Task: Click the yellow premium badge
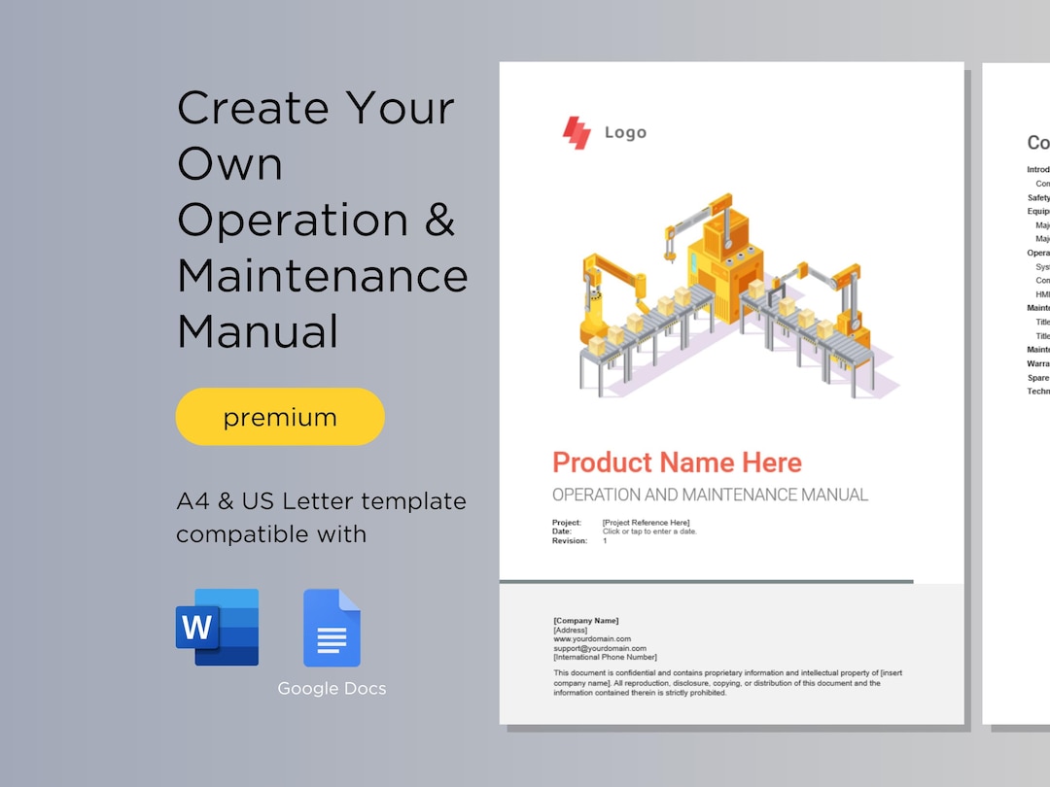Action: [x=280, y=417]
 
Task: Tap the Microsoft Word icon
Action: [x=217, y=627]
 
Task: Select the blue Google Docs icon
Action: [x=332, y=628]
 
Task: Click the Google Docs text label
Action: [x=332, y=689]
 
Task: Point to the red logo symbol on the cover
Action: [x=577, y=133]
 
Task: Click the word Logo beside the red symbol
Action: [x=625, y=133]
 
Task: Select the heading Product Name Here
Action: [x=677, y=462]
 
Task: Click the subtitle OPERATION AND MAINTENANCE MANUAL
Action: [x=710, y=495]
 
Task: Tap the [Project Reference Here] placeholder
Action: [x=646, y=523]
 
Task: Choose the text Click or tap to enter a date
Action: [x=649, y=531]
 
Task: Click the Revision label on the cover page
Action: [x=570, y=541]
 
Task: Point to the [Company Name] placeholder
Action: [x=585, y=621]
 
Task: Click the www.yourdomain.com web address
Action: [x=592, y=639]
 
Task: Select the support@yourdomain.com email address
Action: [x=600, y=648]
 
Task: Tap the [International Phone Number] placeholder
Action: [x=605, y=658]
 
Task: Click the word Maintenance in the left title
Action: [x=323, y=276]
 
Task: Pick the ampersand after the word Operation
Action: [x=439, y=220]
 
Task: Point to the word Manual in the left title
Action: [x=258, y=331]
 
